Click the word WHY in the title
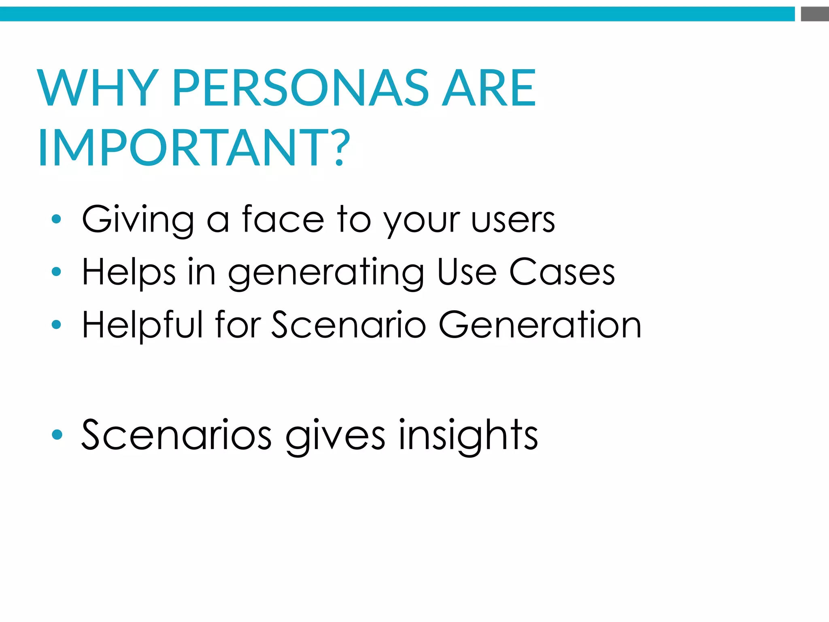coord(98,88)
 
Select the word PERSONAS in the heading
coord(301,88)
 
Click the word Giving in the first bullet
coord(138,219)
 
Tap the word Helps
coord(129,272)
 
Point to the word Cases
coord(562,272)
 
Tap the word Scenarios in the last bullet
coord(176,435)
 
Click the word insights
coord(468,436)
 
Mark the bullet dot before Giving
coord(57,219)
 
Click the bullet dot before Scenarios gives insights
coord(57,435)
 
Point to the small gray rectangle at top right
coord(814,14)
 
